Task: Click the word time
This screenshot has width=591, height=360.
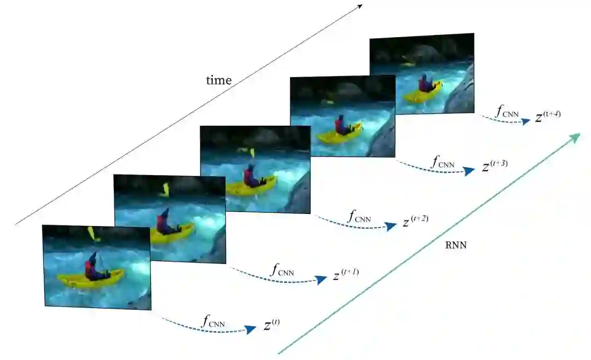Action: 218,80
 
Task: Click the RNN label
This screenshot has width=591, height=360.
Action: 456,246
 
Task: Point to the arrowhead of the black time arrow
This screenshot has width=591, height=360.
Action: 360,6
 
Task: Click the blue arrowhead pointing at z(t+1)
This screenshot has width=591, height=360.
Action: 321,280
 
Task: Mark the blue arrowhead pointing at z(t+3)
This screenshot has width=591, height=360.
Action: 469,171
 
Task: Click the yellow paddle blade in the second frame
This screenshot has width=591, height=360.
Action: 165,189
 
